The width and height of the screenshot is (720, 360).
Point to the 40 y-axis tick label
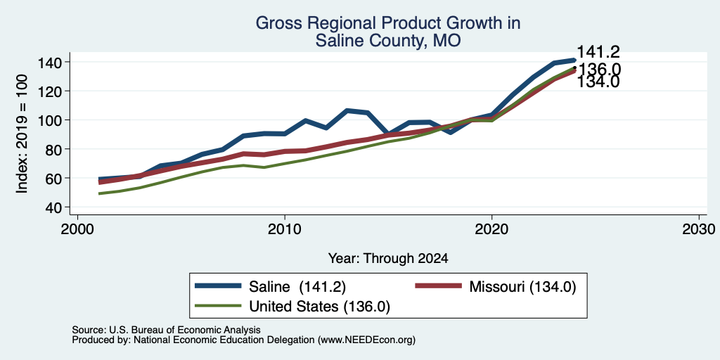tap(56, 207)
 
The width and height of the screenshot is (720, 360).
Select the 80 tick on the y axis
tap(56, 150)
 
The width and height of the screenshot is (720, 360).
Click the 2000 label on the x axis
tap(77, 229)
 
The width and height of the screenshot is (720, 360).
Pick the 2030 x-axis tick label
tap(699, 229)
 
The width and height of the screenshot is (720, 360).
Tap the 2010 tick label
tap(285, 229)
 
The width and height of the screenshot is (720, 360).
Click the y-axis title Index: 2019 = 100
tap(22, 134)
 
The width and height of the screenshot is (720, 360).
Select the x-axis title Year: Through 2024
tap(388, 259)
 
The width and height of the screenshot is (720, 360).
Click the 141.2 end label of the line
tap(598, 52)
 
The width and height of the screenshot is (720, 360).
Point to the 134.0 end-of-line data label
tap(598, 82)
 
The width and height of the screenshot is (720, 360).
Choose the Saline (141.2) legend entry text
tap(297, 287)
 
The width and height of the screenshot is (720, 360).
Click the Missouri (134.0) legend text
tap(522, 287)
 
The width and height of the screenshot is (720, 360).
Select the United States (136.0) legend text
tap(320, 307)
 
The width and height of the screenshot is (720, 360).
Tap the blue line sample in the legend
tap(218, 286)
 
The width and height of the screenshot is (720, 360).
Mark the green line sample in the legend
tap(218, 306)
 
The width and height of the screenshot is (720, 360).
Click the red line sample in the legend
tap(438, 286)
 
